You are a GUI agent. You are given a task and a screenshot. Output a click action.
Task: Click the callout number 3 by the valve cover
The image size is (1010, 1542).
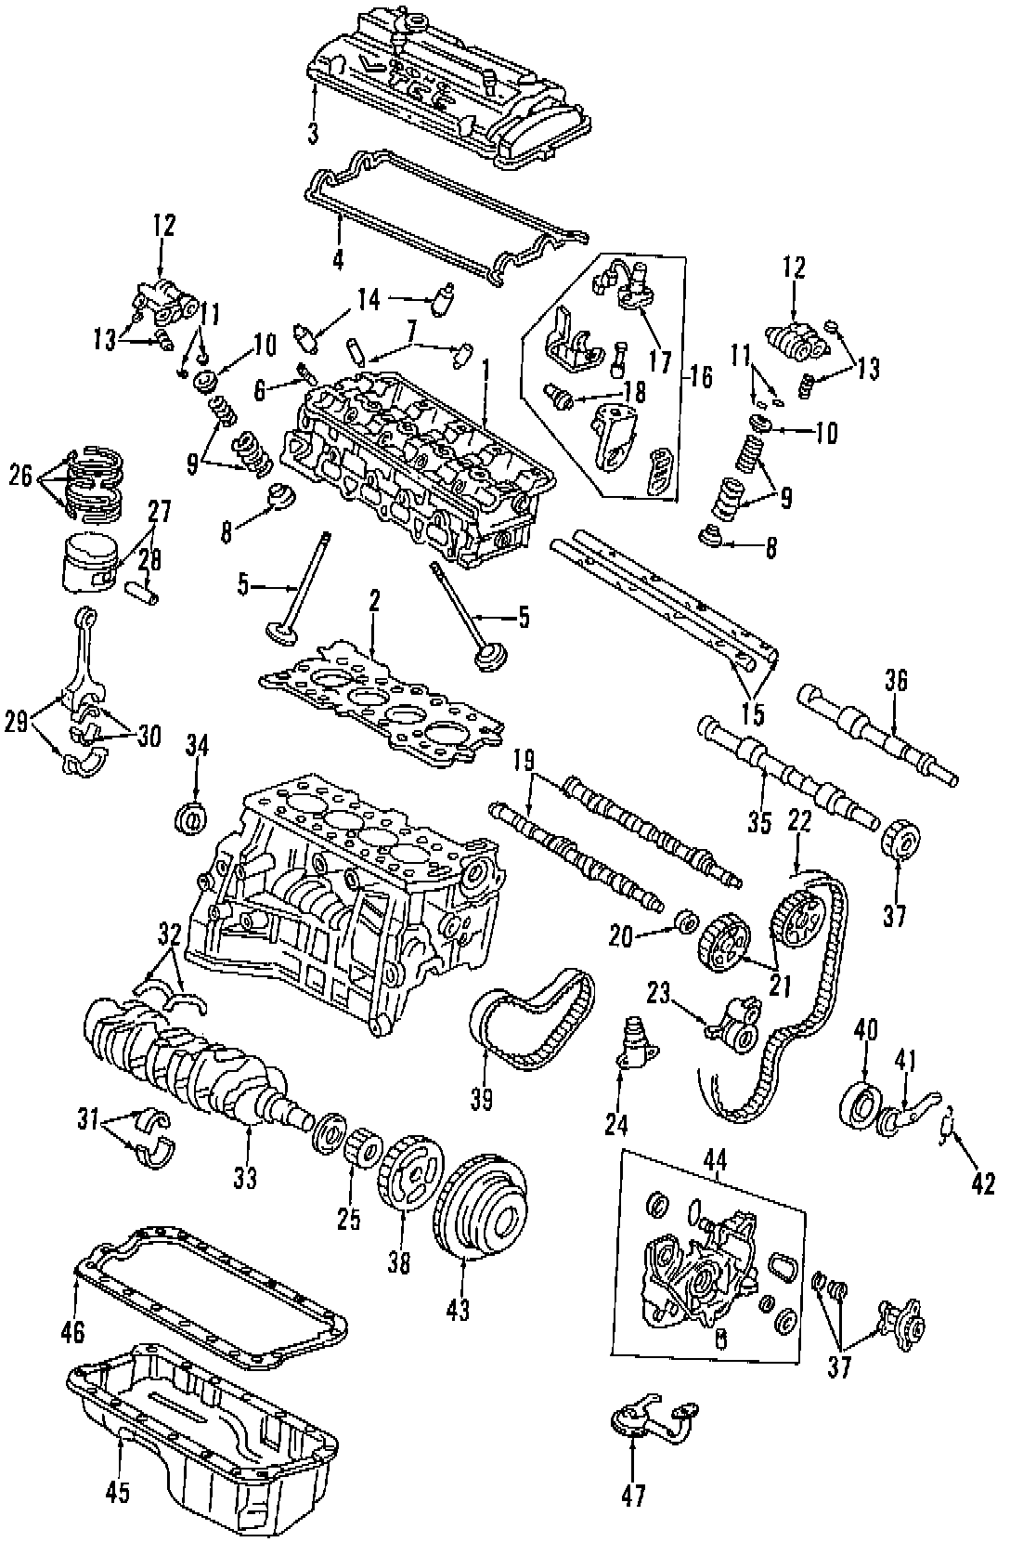tap(314, 134)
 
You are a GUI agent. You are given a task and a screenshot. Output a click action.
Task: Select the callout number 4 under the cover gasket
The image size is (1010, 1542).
tap(338, 259)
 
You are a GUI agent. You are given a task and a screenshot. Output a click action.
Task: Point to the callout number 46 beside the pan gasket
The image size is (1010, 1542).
tap(72, 1332)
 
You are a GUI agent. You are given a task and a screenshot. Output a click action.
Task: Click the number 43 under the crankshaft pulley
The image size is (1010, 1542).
tap(458, 1310)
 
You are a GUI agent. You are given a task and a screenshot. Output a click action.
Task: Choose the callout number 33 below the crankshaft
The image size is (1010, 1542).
tap(244, 1178)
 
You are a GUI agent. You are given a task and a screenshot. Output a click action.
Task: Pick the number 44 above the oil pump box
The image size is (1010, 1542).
tap(716, 1158)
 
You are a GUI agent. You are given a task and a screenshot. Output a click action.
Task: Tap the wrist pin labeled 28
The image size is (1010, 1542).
tap(147, 587)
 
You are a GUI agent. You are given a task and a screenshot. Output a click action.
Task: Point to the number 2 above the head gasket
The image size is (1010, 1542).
tap(373, 603)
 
